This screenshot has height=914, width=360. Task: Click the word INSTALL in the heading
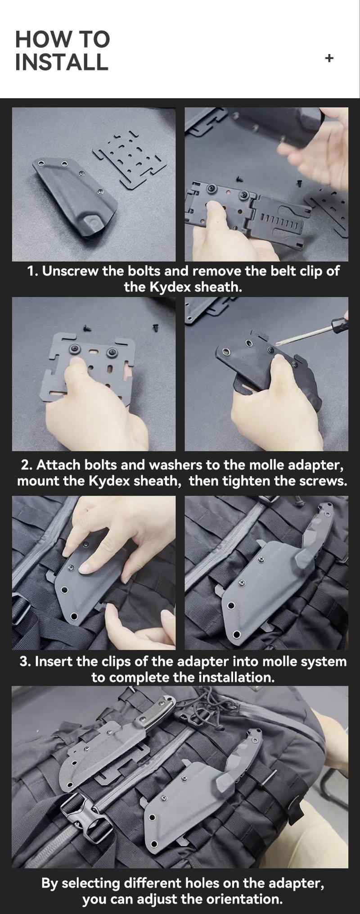click(62, 62)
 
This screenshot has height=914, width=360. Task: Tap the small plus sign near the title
click(329, 58)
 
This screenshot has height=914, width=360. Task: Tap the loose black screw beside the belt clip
click(299, 184)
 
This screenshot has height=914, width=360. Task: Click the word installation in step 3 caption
click(236, 677)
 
